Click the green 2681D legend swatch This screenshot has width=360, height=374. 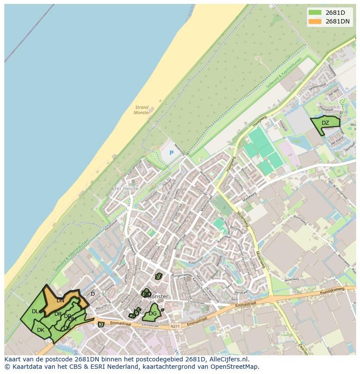[315, 12]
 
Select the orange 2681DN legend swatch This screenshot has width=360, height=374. [315, 21]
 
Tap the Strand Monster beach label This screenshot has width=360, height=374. [142, 110]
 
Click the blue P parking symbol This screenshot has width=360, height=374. [171, 153]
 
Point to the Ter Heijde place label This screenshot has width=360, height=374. [126, 189]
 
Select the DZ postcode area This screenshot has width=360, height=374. [325, 123]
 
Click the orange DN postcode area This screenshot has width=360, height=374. [60, 300]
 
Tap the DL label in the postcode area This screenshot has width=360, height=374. [35, 311]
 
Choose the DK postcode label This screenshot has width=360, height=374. [40, 330]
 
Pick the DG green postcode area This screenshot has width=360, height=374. [152, 314]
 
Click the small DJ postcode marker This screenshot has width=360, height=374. [101, 324]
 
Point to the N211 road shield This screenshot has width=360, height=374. [175, 326]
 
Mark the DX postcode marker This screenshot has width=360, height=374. [159, 276]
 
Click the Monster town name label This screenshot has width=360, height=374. [160, 297]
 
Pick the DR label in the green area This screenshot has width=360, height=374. [58, 314]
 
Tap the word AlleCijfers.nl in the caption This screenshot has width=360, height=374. [227, 359]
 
